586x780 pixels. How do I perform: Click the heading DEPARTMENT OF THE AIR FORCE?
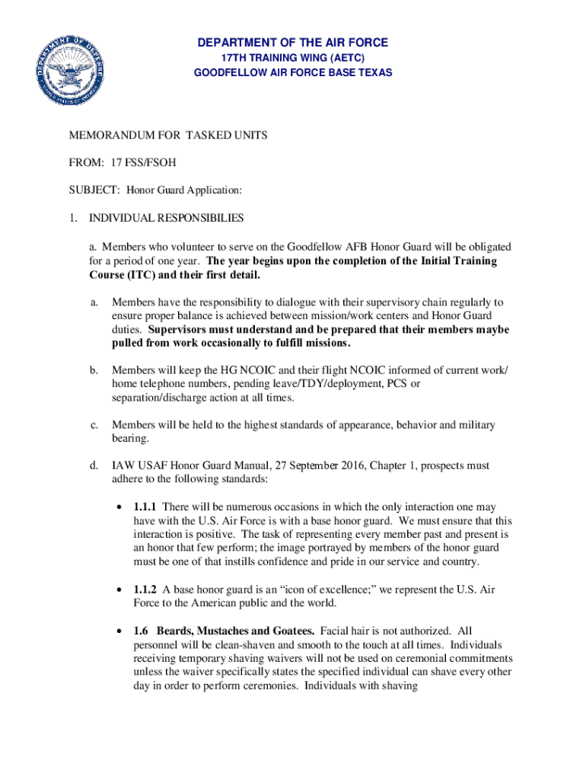(x=293, y=43)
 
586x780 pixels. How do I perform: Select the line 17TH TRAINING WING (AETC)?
(x=293, y=58)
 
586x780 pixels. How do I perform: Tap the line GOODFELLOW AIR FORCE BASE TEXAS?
(x=293, y=73)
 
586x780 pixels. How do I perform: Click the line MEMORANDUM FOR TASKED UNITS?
(x=168, y=136)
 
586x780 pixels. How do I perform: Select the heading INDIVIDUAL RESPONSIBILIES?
(x=167, y=219)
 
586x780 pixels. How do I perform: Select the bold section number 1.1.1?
(x=145, y=507)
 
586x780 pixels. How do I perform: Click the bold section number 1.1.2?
(x=145, y=590)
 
